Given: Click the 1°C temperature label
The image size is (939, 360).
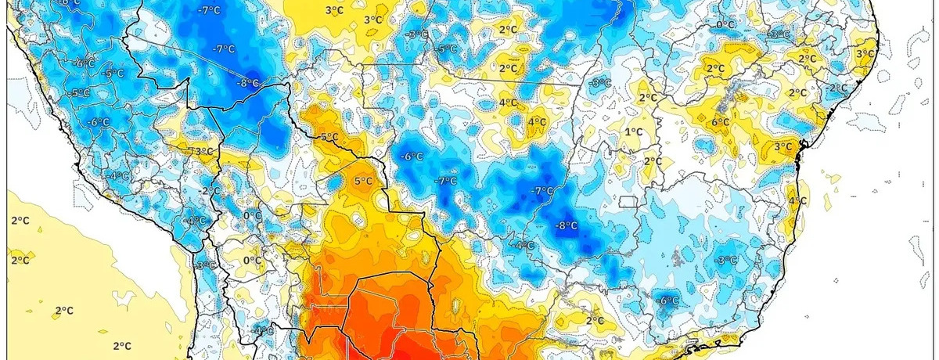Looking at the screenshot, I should (x=633, y=132).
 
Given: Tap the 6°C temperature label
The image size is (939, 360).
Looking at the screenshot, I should (x=721, y=122).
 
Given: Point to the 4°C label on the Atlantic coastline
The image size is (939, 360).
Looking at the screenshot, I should (x=797, y=201).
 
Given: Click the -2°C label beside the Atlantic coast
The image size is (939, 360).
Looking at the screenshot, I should (x=837, y=88).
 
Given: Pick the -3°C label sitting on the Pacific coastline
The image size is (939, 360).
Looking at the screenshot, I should (x=205, y=265).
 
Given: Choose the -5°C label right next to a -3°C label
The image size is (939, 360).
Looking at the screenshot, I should (x=447, y=49).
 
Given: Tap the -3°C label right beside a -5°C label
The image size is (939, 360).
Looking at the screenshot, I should (x=418, y=34).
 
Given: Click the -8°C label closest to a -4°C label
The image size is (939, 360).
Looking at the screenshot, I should (x=566, y=226).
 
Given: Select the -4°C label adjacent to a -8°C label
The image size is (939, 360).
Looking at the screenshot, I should (x=523, y=246).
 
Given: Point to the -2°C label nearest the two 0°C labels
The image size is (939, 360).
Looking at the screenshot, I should (x=210, y=191).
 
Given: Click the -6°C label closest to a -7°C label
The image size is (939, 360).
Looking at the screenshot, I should (x=412, y=157).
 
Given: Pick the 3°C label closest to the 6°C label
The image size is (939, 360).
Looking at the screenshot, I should (x=782, y=146).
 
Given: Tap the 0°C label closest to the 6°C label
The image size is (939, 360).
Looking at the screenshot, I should (x=725, y=25).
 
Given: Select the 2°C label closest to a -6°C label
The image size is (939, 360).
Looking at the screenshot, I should (x=595, y=320).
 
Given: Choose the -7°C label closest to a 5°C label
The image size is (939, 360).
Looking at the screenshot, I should (x=446, y=181).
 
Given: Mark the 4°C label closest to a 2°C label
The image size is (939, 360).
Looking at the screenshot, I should (x=507, y=103).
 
